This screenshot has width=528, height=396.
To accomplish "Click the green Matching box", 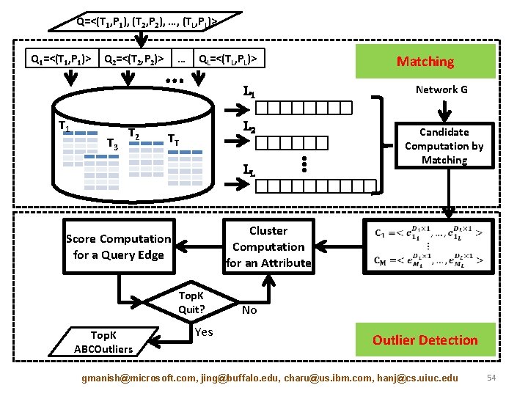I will click(425, 62).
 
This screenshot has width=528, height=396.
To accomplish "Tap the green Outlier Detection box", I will click(425, 340).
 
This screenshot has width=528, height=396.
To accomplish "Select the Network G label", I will click(441, 89).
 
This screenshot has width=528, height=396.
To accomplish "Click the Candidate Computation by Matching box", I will click(444, 146).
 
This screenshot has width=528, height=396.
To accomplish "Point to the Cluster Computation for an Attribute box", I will click(268, 247).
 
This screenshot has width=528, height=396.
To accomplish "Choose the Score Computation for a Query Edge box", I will click(118, 247).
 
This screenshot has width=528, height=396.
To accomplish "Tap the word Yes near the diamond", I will click(204, 332).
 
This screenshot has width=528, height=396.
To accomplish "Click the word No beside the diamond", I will click(249, 310).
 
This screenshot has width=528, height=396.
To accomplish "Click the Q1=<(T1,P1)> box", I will click(59, 57).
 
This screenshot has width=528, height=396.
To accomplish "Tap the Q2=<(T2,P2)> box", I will click(135, 57).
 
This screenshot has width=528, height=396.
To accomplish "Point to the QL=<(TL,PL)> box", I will click(228, 57).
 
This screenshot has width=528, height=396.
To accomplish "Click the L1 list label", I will click(249, 93).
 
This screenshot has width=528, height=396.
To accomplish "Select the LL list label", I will click(249, 171).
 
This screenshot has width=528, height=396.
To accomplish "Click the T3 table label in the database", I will click(112, 144).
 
